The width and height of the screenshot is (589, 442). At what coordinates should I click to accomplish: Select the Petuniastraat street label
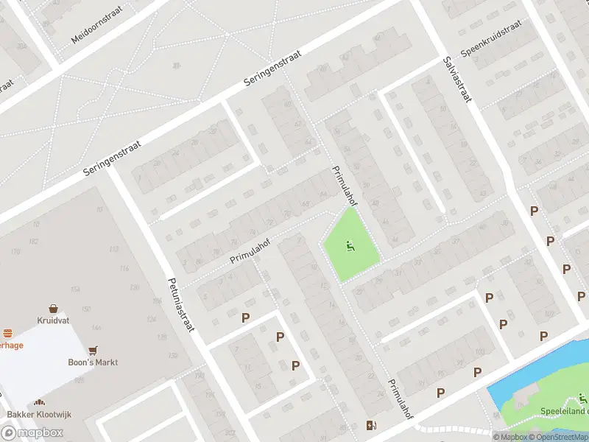pyautogui.click(x=180, y=304)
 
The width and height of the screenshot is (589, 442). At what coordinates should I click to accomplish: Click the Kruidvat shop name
pyautogui.click(x=53, y=321)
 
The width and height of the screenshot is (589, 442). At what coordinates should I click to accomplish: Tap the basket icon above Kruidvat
pyautogui.click(x=54, y=309)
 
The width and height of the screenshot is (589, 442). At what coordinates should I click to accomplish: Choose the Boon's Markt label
pyautogui.click(x=94, y=362)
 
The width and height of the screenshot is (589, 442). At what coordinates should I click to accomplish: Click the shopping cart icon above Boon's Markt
pyautogui.click(x=93, y=350)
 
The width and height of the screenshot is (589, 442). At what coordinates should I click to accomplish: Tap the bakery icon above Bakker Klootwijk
pyautogui.click(x=38, y=403)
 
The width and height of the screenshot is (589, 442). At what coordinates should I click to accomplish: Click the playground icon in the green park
pyautogui.click(x=350, y=246)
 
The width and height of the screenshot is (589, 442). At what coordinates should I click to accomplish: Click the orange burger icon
pyautogui.click(x=7, y=333)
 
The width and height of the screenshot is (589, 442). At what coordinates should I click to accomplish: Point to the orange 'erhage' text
pyautogui.click(x=14, y=345)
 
